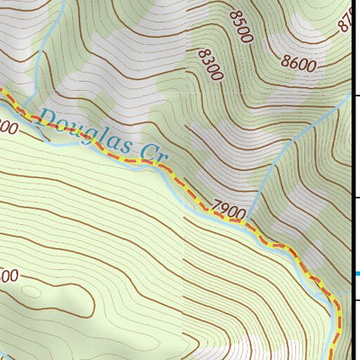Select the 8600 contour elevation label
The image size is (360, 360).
pos(300,63)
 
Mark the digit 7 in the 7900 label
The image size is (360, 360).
pos(218,206)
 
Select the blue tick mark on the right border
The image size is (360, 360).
pos(356,274)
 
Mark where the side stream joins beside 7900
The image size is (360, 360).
pos(249,220)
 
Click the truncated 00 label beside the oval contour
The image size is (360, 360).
pos(9,277)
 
